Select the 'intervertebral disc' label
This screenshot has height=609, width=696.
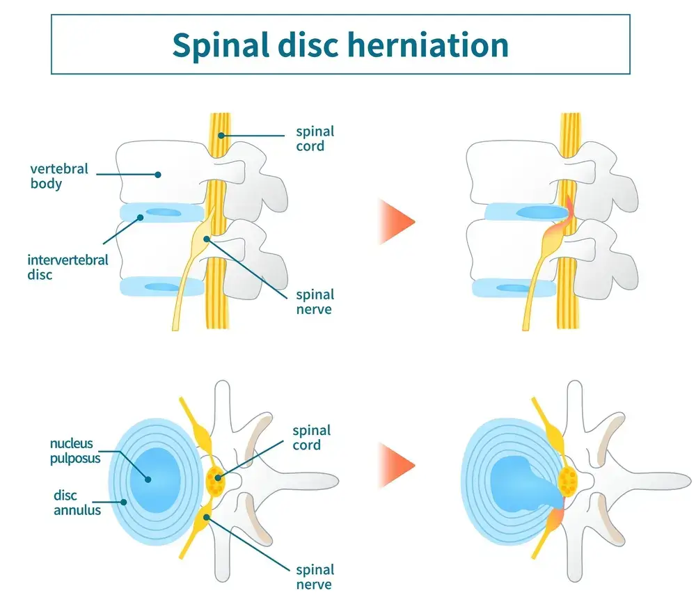68,267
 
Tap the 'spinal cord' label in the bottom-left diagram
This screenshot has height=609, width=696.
312,437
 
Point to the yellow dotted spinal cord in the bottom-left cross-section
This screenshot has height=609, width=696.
216,479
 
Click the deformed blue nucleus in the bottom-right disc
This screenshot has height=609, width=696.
519,480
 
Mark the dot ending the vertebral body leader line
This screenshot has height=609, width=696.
159,175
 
